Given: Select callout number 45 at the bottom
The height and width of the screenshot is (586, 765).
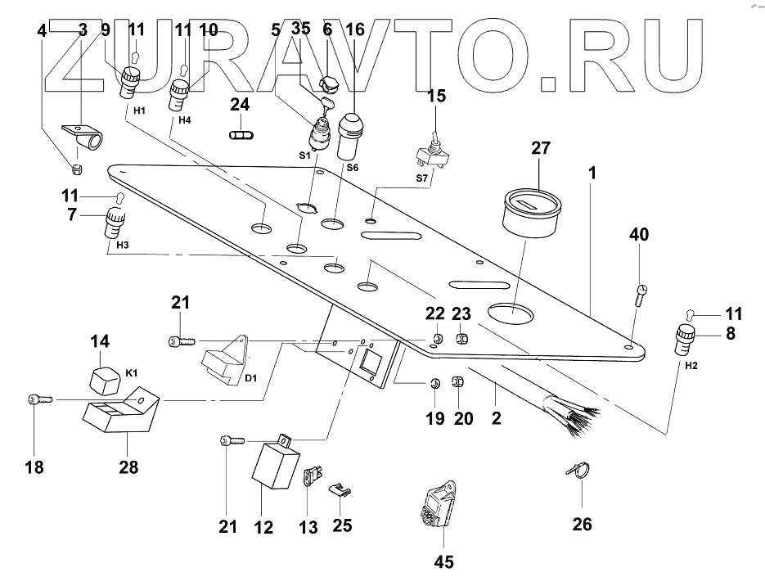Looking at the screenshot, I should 443,562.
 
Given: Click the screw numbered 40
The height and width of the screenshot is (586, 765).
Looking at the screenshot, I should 640,293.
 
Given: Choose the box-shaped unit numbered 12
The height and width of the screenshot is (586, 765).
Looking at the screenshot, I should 274,467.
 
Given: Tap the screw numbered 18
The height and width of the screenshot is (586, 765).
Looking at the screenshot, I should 39,399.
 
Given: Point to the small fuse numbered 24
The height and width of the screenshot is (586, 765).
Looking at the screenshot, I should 240,133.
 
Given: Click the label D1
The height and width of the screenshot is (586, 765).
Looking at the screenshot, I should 251,380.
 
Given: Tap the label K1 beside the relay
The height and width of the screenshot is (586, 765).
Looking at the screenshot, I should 131,373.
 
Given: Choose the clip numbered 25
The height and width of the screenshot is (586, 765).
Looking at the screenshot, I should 340,491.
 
